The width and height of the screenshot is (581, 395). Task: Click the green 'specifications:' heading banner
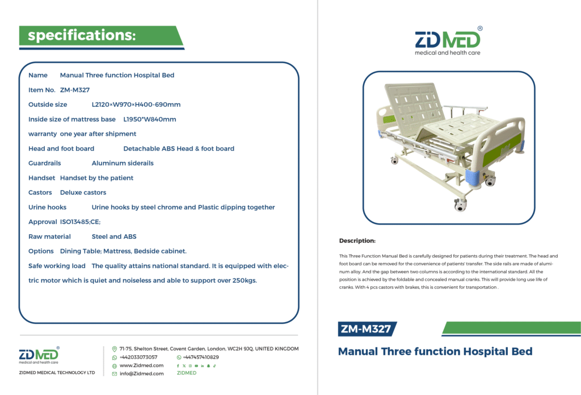(x=101, y=36)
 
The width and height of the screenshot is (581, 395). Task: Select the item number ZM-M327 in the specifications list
(x=75, y=90)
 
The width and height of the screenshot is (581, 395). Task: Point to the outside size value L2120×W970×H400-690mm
(x=136, y=105)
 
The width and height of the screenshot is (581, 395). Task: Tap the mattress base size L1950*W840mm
(x=150, y=119)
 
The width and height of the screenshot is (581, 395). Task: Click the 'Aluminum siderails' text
(x=123, y=163)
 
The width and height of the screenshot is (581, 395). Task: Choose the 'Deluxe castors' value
(x=83, y=192)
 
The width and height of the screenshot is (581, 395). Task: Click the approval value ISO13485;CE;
(x=80, y=222)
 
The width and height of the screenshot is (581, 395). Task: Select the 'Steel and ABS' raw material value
(x=114, y=236)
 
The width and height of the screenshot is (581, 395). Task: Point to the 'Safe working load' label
(x=57, y=266)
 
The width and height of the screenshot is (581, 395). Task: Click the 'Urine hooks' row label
(x=48, y=207)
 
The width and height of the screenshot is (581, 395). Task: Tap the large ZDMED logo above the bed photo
(x=448, y=41)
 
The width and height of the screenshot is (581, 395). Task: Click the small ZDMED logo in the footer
(x=39, y=355)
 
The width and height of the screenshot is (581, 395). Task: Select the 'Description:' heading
(x=357, y=240)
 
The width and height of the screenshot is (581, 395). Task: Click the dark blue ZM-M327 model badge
(x=367, y=329)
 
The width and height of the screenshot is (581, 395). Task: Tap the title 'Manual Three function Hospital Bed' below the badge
(x=435, y=351)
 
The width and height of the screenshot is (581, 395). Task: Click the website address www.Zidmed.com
(x=141, y=365)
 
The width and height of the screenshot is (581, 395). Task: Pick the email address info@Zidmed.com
(x=141, y=373)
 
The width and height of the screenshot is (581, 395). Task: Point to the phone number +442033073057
(x=138, y=357)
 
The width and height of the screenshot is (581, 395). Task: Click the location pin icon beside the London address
(x=115, y=349)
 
